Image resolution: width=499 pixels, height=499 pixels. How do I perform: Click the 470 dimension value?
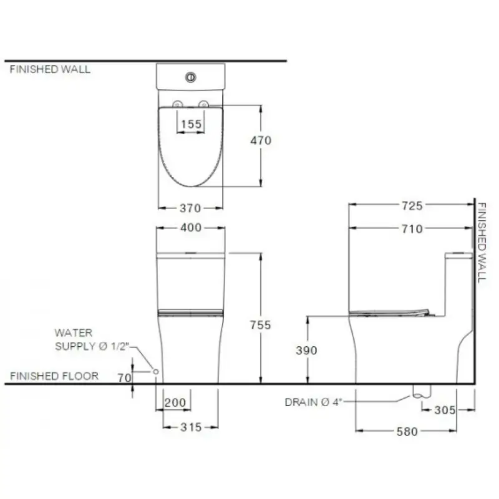[x=261, y=140]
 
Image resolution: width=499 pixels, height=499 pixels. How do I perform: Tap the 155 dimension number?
[x=191, y=124]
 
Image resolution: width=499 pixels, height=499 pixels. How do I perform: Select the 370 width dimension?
[x=190, y=208]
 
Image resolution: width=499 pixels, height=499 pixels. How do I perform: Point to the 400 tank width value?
[x=191, y=228]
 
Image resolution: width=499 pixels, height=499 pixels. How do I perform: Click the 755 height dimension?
[x=260, y=325]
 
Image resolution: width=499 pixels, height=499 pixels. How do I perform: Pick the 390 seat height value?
[x=306, y=351]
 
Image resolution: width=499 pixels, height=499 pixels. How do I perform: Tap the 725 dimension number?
[x=412, y=206]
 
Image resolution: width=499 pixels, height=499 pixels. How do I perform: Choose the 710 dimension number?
[x=412, y=229]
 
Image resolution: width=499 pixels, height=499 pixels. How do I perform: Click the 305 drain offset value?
[x=445, y=410]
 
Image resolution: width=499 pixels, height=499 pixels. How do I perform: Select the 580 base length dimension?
[x=407, y=432]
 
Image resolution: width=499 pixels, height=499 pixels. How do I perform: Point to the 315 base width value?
[x=191, y=427]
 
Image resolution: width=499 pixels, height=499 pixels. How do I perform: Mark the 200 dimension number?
[x=175, y=402]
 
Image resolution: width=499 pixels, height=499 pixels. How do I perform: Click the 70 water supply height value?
[x=124, y=378]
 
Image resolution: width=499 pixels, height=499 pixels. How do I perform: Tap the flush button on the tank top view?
[x=191, y=77]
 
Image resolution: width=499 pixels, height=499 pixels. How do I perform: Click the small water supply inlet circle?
[x=156, y=371]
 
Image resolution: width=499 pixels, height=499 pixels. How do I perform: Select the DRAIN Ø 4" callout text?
[x=313, y=402]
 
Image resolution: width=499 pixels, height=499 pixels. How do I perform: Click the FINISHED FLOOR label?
[x=54, y=376]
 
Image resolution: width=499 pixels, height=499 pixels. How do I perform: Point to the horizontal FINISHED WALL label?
[x=50, y=69]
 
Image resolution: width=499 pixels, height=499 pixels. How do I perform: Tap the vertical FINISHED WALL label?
[x=482, y=243]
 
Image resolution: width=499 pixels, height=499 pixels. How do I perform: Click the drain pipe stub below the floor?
[x=422, y=391]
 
